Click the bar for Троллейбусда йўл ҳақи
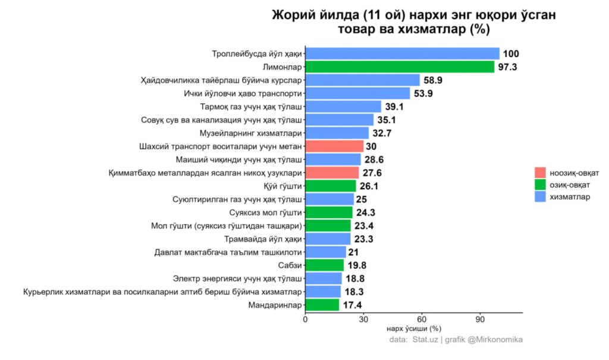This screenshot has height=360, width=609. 402,54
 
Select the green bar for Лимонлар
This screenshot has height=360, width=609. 400,67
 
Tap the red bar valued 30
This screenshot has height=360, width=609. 334,146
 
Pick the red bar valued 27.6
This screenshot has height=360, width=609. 332,173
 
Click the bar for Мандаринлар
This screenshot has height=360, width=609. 322,305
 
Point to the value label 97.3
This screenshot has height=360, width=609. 507,67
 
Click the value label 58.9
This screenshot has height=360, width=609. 434,80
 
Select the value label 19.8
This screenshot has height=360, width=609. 357,265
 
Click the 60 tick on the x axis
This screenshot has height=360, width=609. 422,320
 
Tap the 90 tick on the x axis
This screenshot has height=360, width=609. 480,320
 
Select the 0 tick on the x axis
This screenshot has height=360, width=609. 305,320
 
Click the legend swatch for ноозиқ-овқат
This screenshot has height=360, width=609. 540,173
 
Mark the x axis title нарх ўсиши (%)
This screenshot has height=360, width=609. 413,328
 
